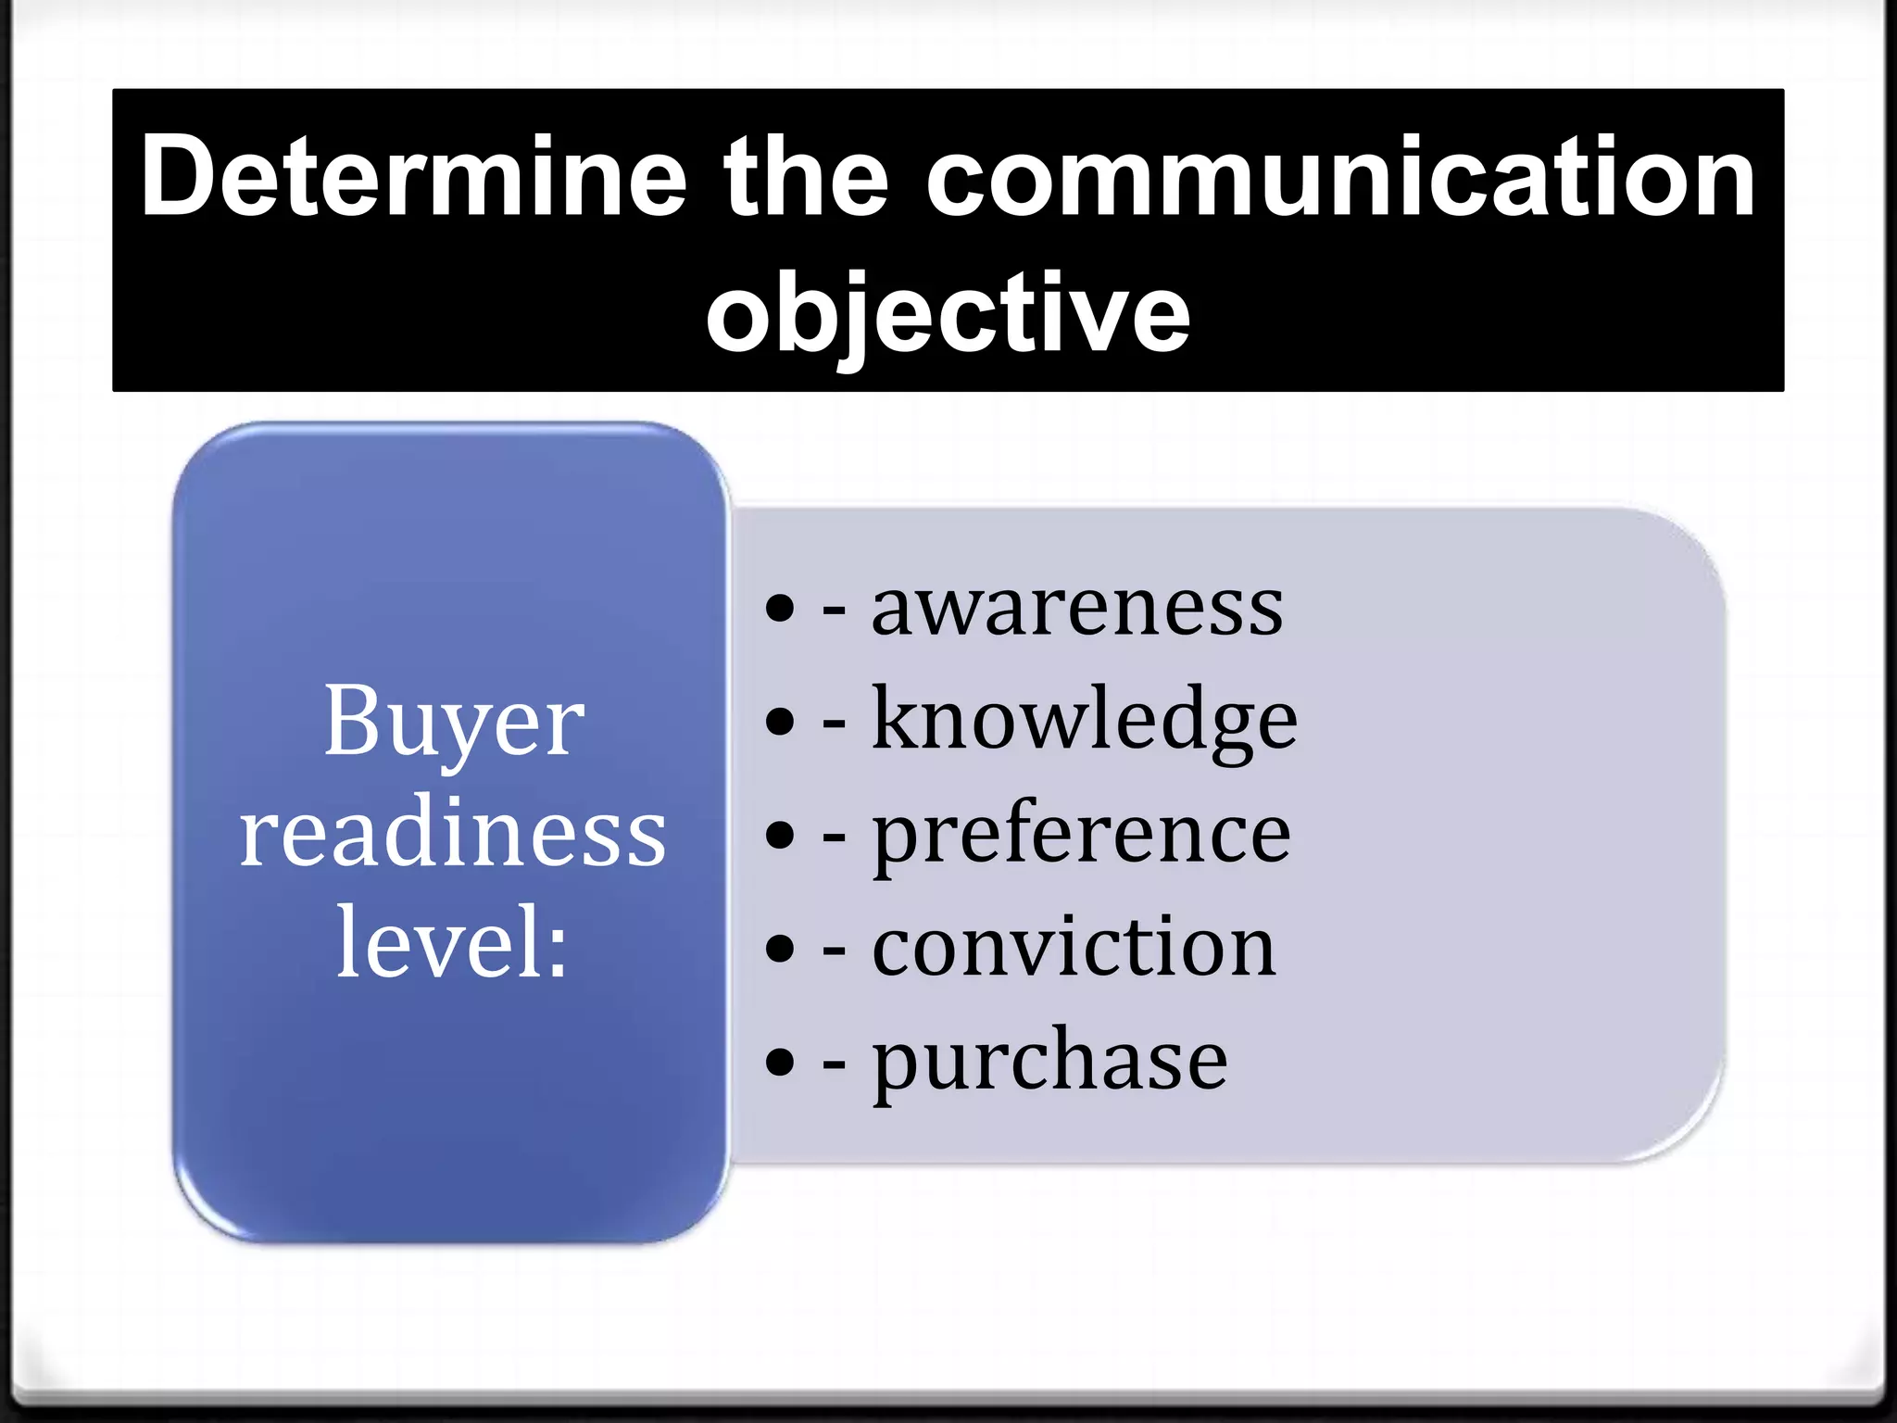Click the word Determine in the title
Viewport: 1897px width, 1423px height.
point(413,176)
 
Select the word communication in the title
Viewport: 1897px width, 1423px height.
point(1340,176)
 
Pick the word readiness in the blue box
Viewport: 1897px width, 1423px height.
point(452,833)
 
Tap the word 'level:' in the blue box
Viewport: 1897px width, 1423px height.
point(452,943)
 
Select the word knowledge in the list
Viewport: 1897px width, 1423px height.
point(1084,721)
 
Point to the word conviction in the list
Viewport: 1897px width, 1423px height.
point(1074,947)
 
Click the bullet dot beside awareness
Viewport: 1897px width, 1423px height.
point(781,609)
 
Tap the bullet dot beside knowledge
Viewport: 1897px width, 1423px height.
point(781,722)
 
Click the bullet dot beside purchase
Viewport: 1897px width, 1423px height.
point(781,1062)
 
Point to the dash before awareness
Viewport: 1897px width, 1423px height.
point(834,611)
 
